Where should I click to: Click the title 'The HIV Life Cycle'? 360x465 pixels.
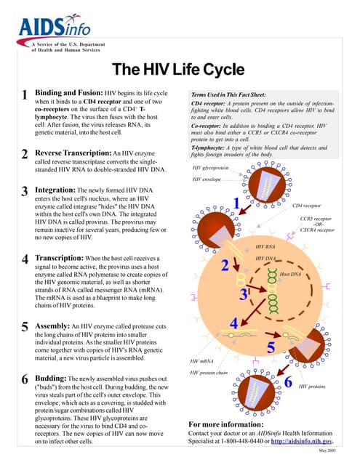point(179,69)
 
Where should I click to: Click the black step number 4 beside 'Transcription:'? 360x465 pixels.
point(25,260)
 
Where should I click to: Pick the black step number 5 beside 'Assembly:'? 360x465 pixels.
point(25,328)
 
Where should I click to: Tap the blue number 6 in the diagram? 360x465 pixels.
point(288,381)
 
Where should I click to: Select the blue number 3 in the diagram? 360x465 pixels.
point(244,294)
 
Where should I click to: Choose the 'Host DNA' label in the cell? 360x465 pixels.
point(290,274)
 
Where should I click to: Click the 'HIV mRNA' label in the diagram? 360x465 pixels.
point(201,361)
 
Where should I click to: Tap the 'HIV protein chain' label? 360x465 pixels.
point(209,373)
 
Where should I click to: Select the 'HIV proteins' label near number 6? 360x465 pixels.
point(312,387)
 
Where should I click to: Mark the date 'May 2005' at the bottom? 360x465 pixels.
point(327,452)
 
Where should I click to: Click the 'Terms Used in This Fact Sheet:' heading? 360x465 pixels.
point(228,95)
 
